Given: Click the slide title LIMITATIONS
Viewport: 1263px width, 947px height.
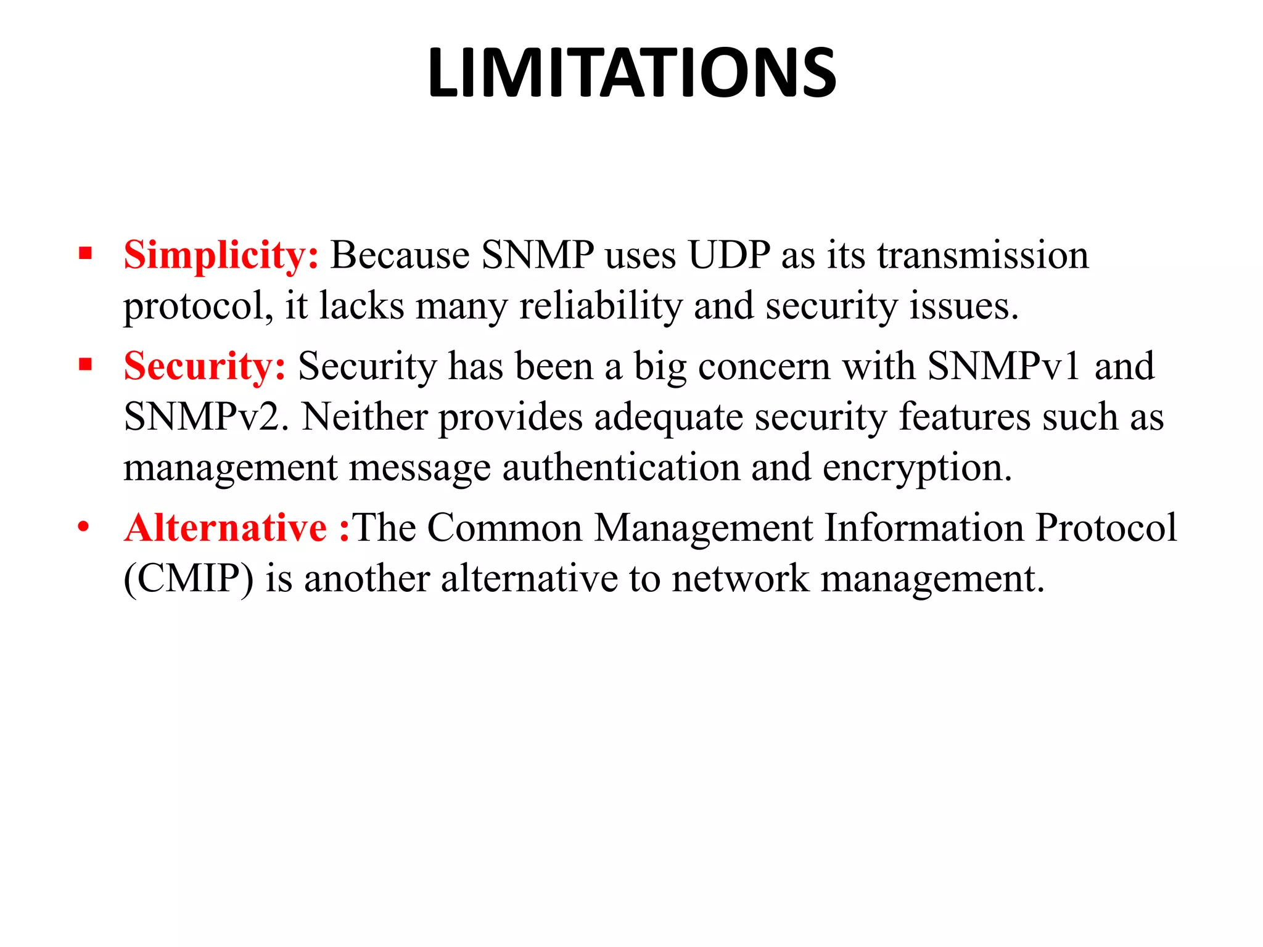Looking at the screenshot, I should [x=631, y=73].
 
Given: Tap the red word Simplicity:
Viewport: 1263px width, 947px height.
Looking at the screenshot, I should [x=221, y=255].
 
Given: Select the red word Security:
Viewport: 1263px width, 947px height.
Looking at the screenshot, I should [x=205, y=366].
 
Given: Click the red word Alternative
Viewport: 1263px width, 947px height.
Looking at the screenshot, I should [x=226, y=528].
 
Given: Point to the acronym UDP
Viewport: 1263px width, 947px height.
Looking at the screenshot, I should [x=729, y=255].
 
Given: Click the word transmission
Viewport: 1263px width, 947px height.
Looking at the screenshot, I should [x=983, y=255].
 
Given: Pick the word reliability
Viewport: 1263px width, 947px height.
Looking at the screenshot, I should [x=601, y=306].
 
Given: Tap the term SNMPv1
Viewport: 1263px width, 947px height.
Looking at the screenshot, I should [x=1004, y=366].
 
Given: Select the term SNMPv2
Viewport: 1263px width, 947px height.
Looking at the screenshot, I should [x=206, y=417].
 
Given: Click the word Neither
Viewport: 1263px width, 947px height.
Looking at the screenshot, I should [x=364, y=417].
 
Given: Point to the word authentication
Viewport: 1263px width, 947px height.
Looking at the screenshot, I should [x=621, y=467].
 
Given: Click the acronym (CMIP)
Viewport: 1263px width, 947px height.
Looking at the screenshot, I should [x=189, y=579].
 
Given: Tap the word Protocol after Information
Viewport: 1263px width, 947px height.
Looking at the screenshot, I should [x=1106, y=528].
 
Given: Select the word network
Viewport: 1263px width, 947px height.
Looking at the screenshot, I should [x=740, y=579].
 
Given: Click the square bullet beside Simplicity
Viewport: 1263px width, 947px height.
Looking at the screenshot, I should [x=85, y=253].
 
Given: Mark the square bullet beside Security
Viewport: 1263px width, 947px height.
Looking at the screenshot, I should [x=85, y=364].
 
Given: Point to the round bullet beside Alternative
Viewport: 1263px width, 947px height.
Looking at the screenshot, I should [x=84, y=528].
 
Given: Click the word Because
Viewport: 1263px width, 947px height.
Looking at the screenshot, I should [x=400, y=255].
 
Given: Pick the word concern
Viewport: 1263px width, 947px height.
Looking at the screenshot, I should [x=764, y=366].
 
